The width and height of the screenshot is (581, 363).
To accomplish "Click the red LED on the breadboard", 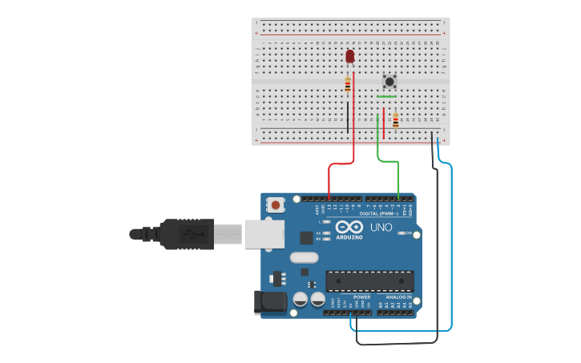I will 349,56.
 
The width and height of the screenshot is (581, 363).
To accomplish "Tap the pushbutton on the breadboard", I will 389,81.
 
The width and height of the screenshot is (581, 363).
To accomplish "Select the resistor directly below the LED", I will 348,84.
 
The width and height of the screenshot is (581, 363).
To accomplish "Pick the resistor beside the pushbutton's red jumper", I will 395,120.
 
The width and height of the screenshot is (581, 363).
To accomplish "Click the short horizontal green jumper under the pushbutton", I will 387,97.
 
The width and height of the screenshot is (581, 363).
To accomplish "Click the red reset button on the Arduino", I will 276,205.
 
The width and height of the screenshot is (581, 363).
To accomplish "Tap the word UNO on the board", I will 381,228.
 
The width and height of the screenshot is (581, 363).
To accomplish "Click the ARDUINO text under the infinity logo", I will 349,237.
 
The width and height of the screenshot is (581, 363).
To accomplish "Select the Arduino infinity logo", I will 349,226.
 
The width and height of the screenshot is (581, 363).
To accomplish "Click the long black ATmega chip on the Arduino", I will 369,281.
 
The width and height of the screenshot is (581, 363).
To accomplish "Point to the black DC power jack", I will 270,302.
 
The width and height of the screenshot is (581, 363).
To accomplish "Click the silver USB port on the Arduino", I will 264,233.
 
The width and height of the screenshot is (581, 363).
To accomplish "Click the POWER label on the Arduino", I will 361,296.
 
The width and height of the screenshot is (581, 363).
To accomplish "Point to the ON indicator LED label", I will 408,233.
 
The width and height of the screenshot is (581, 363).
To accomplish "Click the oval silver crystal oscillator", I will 304,258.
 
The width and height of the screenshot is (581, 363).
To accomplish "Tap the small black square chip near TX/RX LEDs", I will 306,237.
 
